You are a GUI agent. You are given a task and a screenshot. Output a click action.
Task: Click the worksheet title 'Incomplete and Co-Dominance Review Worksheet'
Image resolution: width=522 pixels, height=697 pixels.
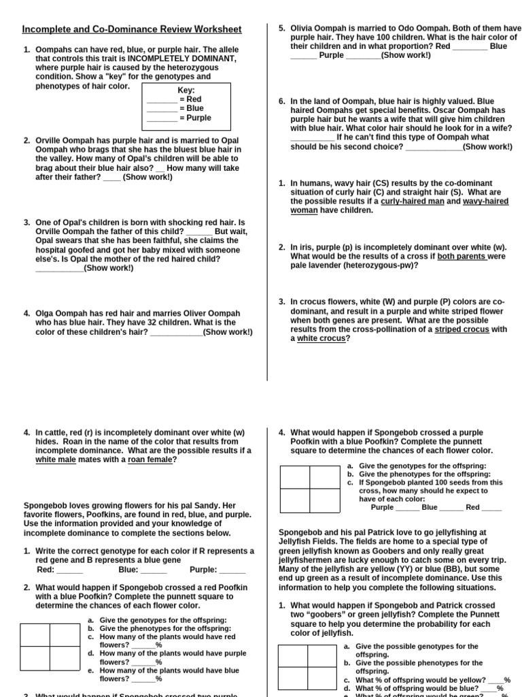click(132, 29)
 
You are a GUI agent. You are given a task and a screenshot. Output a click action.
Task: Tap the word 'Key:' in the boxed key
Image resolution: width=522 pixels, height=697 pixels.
click(186, 91)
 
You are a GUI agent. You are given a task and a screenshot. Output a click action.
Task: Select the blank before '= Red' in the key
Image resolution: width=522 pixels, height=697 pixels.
click(162, 100)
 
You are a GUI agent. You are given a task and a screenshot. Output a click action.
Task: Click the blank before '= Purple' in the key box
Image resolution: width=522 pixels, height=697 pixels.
click(162, 118)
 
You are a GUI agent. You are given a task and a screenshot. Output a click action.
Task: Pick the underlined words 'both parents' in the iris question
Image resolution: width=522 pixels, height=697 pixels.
click(462, 257)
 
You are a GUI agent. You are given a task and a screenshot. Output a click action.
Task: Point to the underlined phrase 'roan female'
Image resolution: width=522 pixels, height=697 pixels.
click(150, 459)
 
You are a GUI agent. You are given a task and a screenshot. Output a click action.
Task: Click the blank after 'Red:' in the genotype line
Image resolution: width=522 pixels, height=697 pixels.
click(69, 570)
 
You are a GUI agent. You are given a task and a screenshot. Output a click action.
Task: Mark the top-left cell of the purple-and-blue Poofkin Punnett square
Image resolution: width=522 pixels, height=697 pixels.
click(295, 477)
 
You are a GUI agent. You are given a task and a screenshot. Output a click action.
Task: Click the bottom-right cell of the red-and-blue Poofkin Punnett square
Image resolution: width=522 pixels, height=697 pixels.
click(65, 658)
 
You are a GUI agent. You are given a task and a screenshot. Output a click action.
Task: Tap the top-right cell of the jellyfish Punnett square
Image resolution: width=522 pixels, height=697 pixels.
click(322, 657)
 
